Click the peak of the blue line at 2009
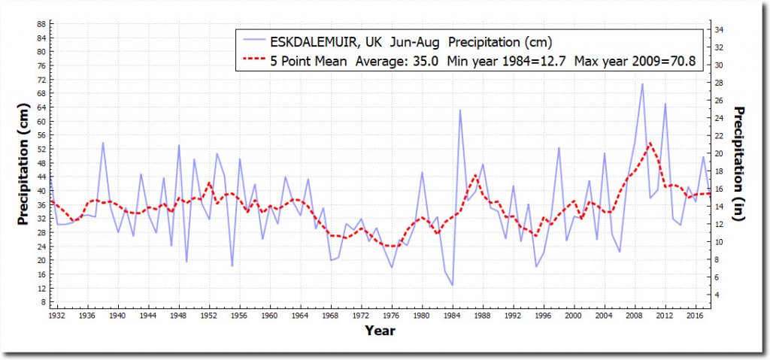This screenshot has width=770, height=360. (x=642, y=84)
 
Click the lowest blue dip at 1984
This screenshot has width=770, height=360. (x=452, y=285)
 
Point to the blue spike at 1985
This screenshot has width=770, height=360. (x=460, y=110)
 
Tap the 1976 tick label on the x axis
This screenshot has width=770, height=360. (x=391, y=316)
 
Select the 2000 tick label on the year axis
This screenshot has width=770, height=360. (x=574, y=316)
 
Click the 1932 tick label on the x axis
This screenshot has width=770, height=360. (x=57, y=316)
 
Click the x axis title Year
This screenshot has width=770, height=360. (x=380, y=330)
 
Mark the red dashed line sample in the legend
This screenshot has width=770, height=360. (x=253, y=62)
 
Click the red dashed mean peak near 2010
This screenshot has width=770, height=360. (x=650, y=143)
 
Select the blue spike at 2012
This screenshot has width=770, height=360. (x=665, y=104)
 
